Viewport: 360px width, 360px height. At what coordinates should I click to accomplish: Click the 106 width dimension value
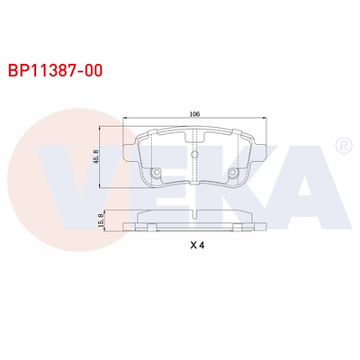[194, 114]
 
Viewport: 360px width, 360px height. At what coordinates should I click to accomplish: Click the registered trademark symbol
[342, 144]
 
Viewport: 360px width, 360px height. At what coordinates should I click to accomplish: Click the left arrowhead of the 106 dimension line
[123, 120]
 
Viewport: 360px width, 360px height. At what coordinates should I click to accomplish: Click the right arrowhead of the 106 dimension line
[265, 120]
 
